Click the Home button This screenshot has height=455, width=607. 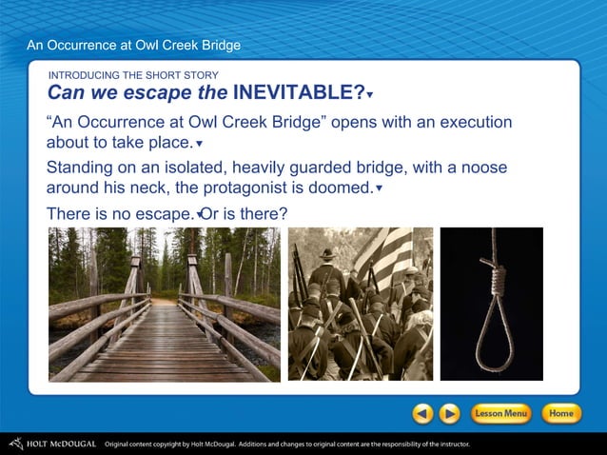(x=561, y=414)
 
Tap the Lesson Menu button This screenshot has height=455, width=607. (x=500, y=414)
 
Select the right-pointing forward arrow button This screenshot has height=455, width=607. (x=449, y=414)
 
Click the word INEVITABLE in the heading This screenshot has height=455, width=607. (x=298, y=92)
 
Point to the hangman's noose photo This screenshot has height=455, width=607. (x=491, y=304)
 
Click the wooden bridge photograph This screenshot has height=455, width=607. (x=164, y=304)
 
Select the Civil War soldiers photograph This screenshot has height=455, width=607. (x=360, y=304)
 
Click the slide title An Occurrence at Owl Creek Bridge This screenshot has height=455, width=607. (x=133, y=45)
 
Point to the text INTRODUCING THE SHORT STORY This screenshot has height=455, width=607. (x=133, y=75)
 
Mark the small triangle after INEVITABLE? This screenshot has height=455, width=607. (x=370, y=95)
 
